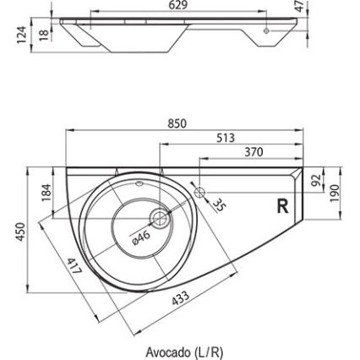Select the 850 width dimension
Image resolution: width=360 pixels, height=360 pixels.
click(176, 123)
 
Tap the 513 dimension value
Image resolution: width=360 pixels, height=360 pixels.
click(225, 139)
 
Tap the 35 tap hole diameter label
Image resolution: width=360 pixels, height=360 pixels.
click(219, 205)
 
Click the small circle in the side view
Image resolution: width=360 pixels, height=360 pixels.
click(267, 31)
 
